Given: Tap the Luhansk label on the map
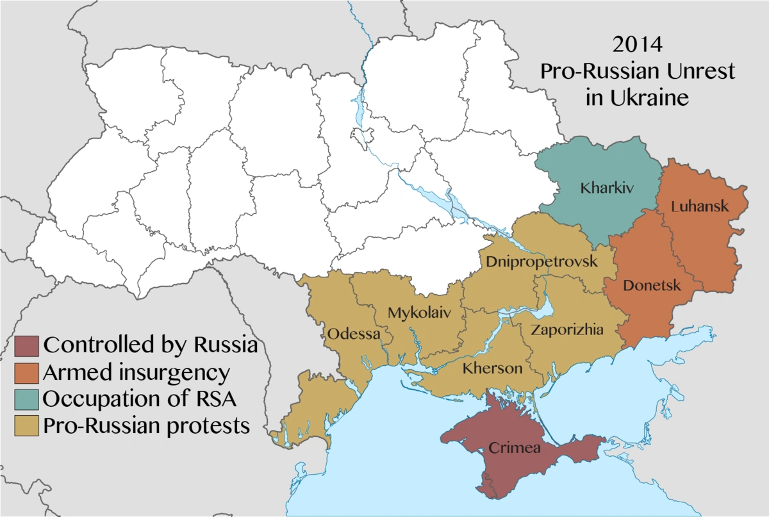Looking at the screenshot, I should (x=700, y=206).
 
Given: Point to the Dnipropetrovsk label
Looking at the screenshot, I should (x=542, y=262).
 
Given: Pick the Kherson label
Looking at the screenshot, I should (x=492, y=369).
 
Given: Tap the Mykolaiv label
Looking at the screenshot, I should (x=419, y=313).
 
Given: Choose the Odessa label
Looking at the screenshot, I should (x=354, y=334).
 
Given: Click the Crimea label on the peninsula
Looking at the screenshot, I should (x=515, y=448).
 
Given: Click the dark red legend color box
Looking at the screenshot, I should (x=26, y=345).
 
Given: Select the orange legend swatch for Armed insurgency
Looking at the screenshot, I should (x=26, y=372).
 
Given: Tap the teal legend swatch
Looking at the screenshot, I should (x=26, y=398).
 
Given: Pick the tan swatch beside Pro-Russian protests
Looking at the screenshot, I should (x=26, y=425).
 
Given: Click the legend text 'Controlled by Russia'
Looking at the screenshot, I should (x=151, y=345).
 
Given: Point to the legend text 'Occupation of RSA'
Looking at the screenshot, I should (x=140, y=398).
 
